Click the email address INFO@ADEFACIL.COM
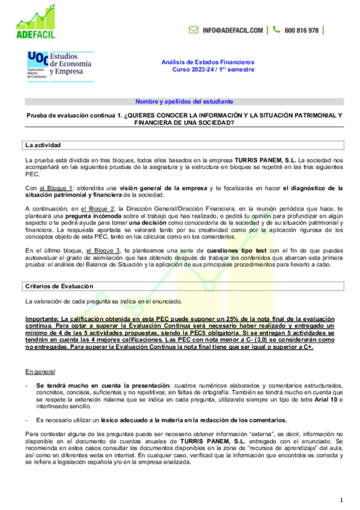coord(233,30)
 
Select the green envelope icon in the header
coord(194,30)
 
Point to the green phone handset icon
coord(276,29)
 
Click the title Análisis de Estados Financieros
coord(208,62)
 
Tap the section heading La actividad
coord(43,146)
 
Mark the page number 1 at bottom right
coord(341,499)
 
